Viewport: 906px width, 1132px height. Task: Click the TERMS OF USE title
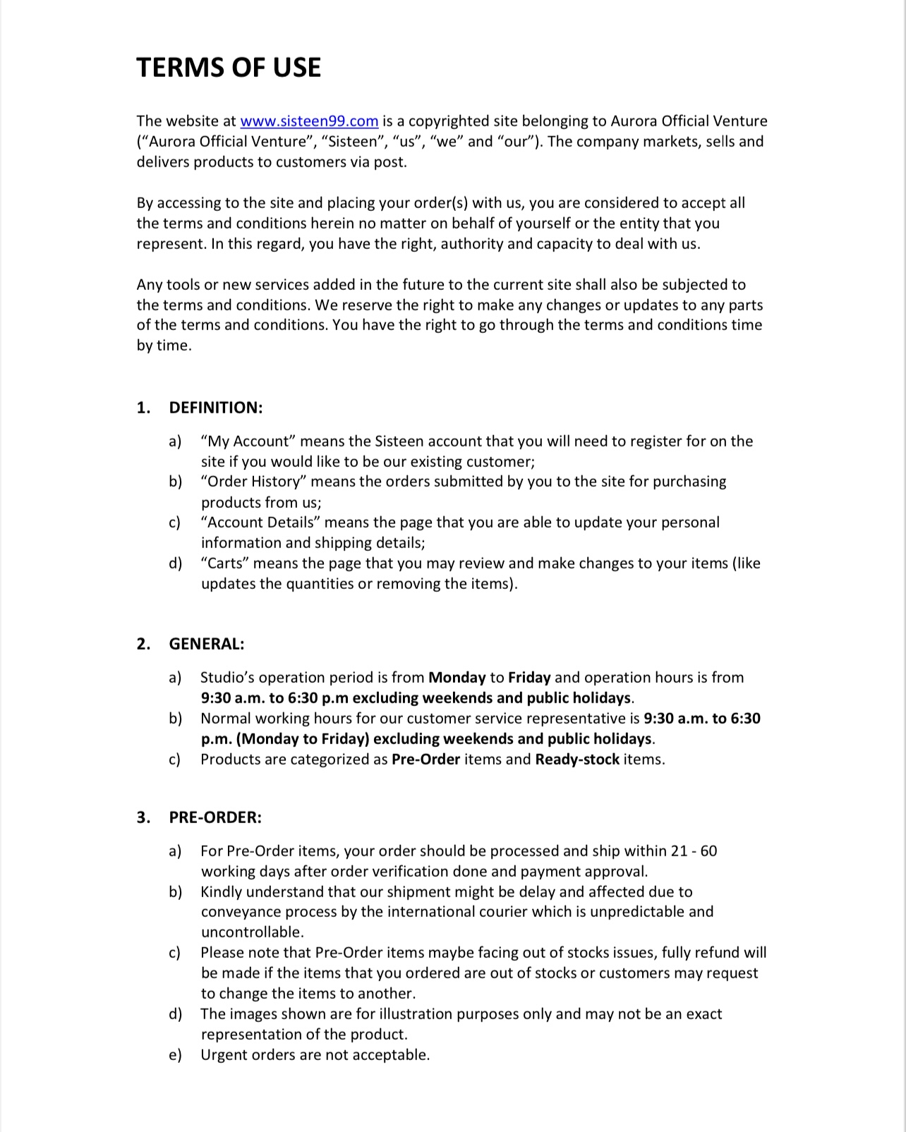(229, 68)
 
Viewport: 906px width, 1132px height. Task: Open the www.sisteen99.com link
(309, 121)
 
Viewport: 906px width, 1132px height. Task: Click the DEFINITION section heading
(216, 408)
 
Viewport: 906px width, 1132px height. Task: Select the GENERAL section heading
(207, 644)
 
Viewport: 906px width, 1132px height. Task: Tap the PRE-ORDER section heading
(215, 817)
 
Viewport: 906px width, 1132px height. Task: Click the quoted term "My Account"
(248, 442)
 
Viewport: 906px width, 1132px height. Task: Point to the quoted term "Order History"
(253, 482)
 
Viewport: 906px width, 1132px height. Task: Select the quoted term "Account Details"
(260, 523)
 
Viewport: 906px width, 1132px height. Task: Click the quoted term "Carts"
(225, 564)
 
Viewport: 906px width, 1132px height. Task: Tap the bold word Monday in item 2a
(457, 678)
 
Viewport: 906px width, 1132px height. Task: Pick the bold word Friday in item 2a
(529, 678)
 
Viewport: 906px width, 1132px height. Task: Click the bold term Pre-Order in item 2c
(425, 760)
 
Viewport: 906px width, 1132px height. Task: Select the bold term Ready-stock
(577, 760)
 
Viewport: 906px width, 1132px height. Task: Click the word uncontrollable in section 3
(252, 932)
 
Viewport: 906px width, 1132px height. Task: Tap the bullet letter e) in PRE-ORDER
(175, 1055)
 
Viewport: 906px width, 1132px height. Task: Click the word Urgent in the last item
(224, 1055)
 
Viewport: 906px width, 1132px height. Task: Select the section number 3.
(143, 817)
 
